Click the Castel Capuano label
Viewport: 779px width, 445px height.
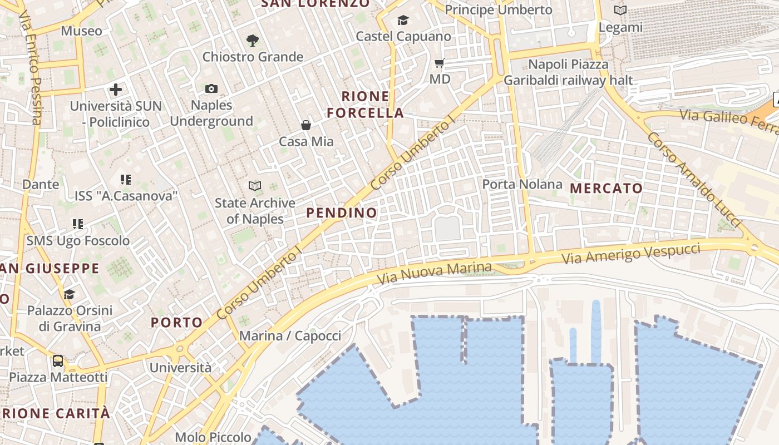pos(403,37)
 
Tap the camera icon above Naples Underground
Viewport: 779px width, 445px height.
pos(211,89)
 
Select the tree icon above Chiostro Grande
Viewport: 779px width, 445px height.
pos(253,40)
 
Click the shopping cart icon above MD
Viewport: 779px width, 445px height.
pos(440,63)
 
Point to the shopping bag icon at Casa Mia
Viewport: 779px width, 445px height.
pos(306,125)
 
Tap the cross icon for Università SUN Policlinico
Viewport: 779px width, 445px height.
pos(116,89)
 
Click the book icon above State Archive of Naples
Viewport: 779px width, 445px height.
pos(255,186)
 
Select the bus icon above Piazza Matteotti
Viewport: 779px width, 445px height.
pos(58,361)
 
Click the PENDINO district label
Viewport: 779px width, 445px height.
pos(342,212)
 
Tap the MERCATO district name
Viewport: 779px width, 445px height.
pos(607,189)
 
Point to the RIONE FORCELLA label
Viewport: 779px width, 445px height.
pos(365,105)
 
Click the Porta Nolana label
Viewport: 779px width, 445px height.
pos(522,184)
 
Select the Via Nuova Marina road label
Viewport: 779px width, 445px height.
pos(435,273)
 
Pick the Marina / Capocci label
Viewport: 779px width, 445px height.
pos(290,336)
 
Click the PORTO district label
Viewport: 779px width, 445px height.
pos(177,323)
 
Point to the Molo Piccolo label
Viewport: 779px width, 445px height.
pos(213,437)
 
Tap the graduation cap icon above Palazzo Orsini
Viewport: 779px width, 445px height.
pos(70,294)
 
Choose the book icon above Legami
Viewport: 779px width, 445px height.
pos(620,11)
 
